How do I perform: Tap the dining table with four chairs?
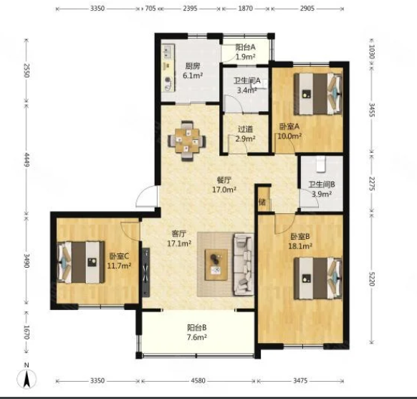[x=187, y=141]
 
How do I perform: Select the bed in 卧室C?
[x=81, y=262]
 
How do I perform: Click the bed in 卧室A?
[x=318, y=94]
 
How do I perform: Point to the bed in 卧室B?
[x=318, y=278]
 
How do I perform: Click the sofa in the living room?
[x=244, y=264]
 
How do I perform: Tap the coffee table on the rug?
[x=216, y=265]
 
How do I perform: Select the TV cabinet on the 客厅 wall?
[x=145, y=273]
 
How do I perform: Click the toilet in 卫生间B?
[x=321, y=163]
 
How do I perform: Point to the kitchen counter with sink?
[x=168, y=68]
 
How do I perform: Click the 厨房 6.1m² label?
[x=193, y=70]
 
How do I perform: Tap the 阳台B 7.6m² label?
[x=197, y=332]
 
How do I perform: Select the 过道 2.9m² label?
[x=246, y=134]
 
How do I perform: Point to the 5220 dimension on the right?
[x=372, y=278]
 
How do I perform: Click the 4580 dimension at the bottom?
[x=198, y=381]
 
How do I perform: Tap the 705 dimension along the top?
[x=150, y=9]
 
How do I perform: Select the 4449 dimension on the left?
[x=27, y=159]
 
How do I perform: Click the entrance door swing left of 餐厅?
[x=146, y=197]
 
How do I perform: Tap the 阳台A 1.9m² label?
[x=246, y=52]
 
